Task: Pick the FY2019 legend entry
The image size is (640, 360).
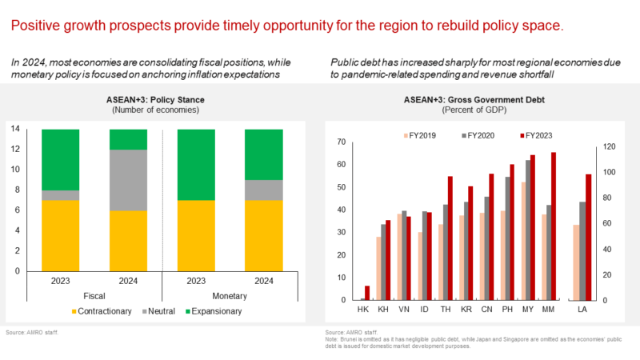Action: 419,135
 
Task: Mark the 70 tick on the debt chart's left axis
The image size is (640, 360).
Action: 343,142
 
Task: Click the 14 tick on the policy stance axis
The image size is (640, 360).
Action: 15,129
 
